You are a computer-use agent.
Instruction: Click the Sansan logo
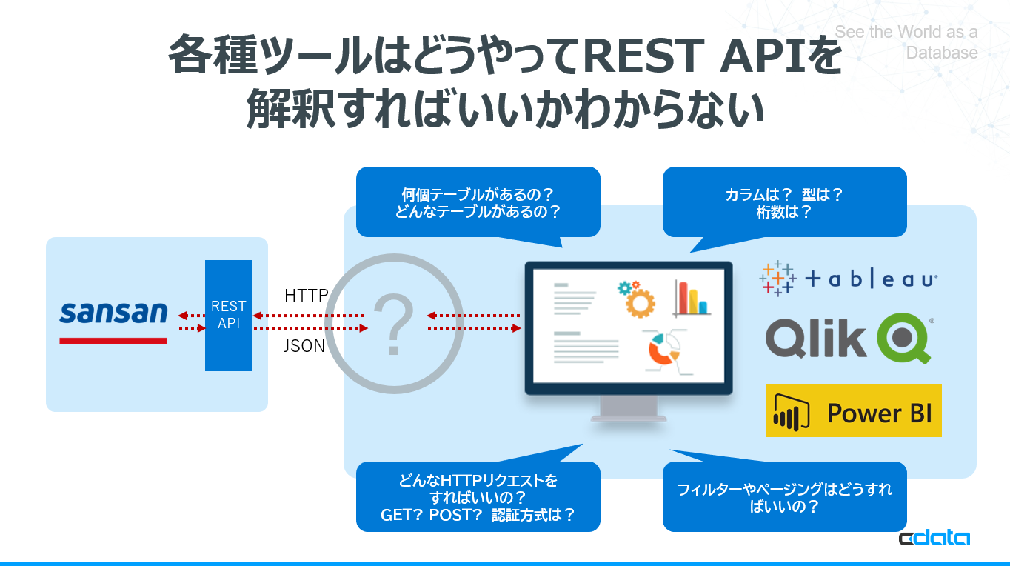point(113,313)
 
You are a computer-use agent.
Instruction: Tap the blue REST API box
point(229,316)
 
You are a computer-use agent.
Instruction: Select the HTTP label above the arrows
point(307,296)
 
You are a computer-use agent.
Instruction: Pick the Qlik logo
point(849,338)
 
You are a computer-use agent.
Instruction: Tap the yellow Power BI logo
point(854,410)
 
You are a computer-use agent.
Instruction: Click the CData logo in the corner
point(934,539)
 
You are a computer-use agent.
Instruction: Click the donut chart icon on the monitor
point(663,349)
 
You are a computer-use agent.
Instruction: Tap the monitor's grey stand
point(628,410)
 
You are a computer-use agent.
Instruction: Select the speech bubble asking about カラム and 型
point(784,202)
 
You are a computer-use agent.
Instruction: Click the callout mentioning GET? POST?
point(478,497)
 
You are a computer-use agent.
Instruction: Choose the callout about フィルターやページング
point(784,497)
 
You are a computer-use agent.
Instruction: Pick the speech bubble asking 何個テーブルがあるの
point(478,202)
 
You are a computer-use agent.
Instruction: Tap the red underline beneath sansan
point(113,341)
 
